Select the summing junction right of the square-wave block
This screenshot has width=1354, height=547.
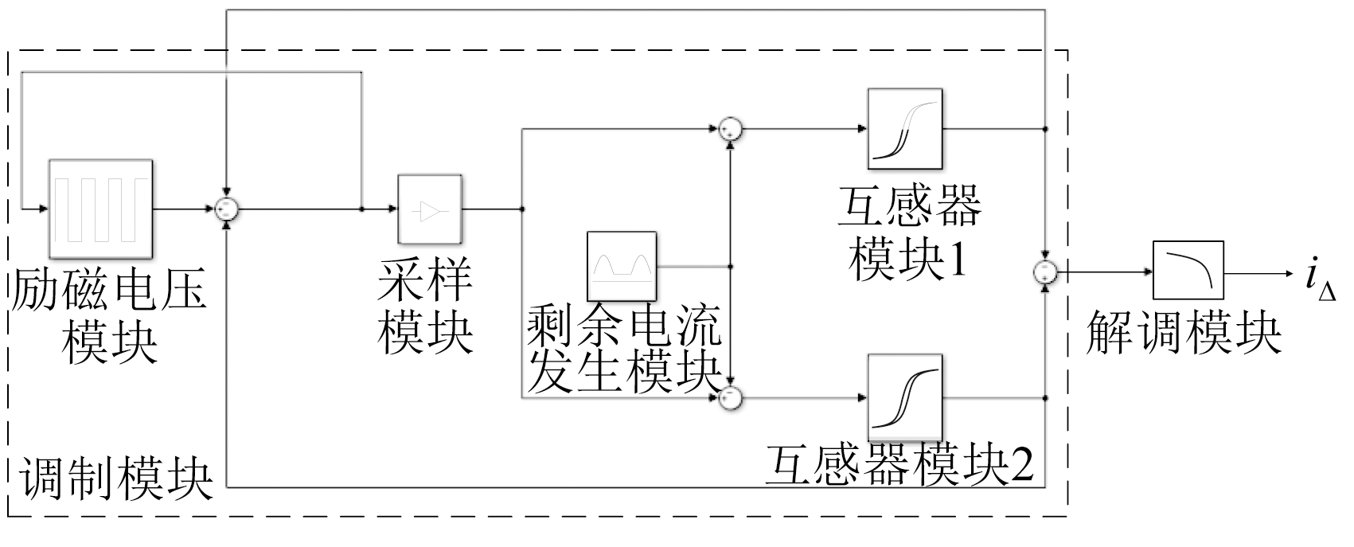pyautogui.click(x=227, y=209)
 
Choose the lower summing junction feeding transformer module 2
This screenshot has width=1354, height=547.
pyautogui.click(x=729, y=397)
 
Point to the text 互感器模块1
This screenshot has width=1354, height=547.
pyautogui.click(x=908, y=233)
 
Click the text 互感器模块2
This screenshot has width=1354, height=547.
pyautogui.click(x=899, y=466)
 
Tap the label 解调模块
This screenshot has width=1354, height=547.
pyautogui.click(x=1184, y=333)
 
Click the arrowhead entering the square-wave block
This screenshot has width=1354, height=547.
pyautogui.click(x=44, y=209)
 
